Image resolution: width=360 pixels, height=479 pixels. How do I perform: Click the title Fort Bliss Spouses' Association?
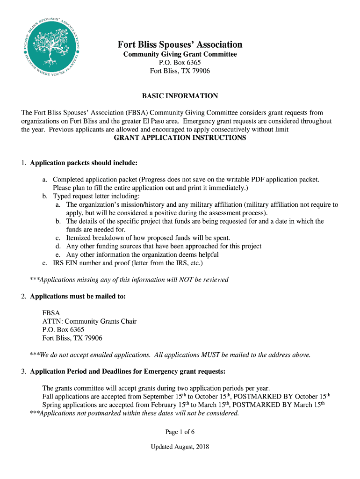[180, 44]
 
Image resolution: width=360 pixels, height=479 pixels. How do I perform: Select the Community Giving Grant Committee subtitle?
[180, 54]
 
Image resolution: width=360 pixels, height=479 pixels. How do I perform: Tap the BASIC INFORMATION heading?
[180, 96]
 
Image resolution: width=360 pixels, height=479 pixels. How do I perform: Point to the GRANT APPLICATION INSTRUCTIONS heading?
[180, 138]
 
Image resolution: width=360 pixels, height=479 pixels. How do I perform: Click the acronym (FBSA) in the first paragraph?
[137, 113]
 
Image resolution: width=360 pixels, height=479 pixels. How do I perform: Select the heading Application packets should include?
[84, 163]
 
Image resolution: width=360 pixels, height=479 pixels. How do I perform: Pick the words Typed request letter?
[81, 196]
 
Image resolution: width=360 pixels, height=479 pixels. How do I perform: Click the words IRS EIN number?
[75, 263]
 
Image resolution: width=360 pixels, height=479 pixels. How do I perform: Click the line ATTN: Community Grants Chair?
[89, 321]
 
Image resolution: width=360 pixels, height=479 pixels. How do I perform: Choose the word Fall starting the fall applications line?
[48, 397]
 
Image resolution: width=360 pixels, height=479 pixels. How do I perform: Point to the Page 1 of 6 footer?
[180, 431]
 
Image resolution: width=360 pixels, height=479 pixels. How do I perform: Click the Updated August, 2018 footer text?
[180, 447]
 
